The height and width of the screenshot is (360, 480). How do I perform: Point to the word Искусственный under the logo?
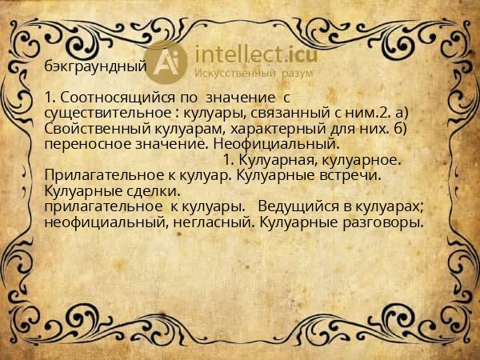coord(236,74)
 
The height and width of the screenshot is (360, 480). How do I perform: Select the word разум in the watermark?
coord(296,74)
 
